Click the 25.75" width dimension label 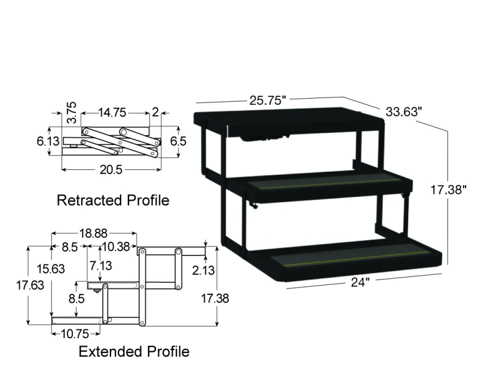(x=268, y=101)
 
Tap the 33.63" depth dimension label (x=404, y=112)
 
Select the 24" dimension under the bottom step (x=360, y=282)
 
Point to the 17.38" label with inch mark (x=448, y=190)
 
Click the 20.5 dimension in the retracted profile (x=111, y=169)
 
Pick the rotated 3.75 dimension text (x=72, y=113)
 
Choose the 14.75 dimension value (x=112, y=113)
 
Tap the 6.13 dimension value (x=48, y=141)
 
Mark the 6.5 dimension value (x=178, y=141)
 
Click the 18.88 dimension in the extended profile (x=93, y=233)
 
